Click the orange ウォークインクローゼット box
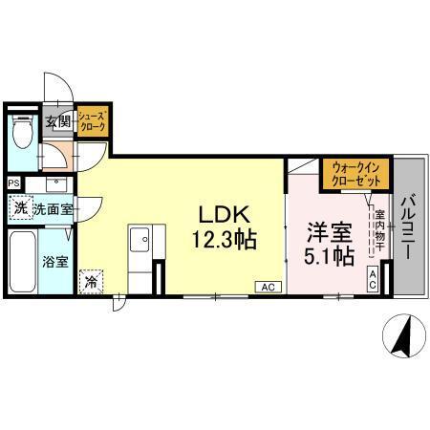tap(355, 173)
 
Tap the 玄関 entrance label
tap(57, 121)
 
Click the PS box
tap(13, 183)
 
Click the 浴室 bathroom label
tap(55, 261)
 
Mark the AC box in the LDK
tap(269, 286)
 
